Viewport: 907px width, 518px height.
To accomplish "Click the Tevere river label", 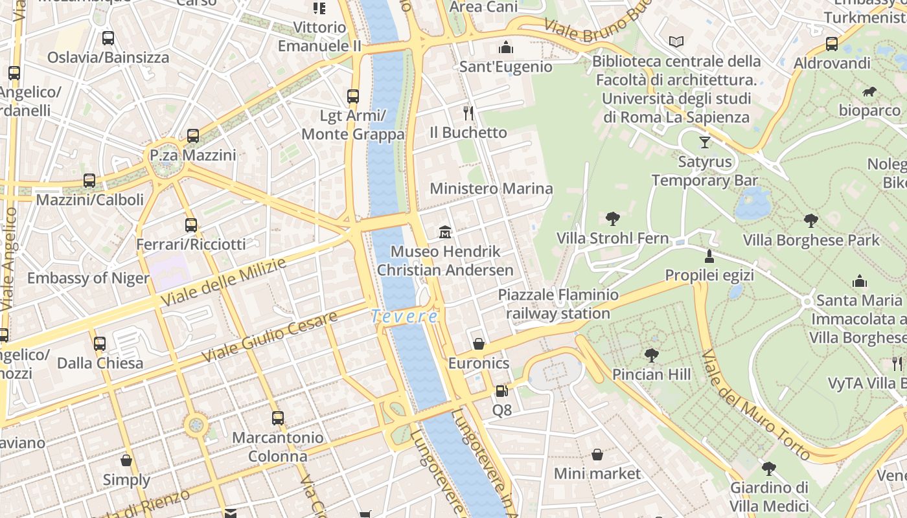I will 404,317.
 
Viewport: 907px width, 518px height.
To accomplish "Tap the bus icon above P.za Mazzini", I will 193,136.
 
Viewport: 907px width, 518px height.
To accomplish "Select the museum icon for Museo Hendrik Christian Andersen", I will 445,232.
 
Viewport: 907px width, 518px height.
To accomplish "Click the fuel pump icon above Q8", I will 501,390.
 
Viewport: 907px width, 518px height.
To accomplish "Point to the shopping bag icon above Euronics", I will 479,344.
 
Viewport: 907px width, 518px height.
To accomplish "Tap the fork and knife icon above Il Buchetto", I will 468,113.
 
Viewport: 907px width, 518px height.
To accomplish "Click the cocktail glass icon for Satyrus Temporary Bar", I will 705,142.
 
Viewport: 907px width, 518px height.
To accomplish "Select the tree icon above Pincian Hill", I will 651,355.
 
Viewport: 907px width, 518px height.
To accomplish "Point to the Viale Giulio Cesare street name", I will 270,337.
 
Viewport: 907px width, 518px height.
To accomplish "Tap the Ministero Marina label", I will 491,189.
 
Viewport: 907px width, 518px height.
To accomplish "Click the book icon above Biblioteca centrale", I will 676,42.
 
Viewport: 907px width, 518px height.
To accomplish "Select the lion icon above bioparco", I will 869,92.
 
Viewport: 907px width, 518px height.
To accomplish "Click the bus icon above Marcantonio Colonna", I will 278,418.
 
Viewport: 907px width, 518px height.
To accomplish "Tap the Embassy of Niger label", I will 88,278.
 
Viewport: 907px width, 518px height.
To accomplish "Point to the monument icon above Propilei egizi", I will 709,256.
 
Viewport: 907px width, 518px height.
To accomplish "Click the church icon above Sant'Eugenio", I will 505,47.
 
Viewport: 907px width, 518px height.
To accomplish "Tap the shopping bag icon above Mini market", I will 597,455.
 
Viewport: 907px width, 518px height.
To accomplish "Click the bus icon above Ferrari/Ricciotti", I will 190,225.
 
